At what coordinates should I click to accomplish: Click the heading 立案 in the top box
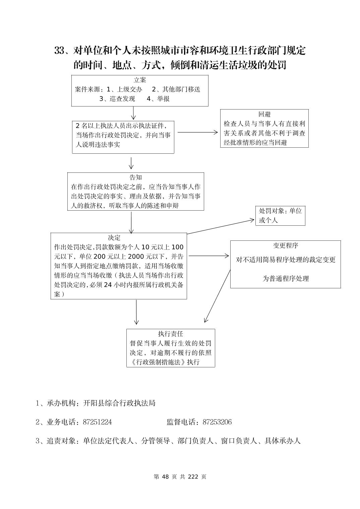(x=140, y=80)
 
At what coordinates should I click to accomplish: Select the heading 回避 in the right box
(x=264, y=114)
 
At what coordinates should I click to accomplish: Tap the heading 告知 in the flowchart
(x=135, y=177)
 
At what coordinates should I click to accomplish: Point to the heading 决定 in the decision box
(x=114, y=238)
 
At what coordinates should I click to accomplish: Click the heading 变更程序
(x=285, y=245)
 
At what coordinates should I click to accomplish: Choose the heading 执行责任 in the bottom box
(x=170, y=334)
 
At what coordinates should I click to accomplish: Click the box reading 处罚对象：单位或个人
(x=280, y=215)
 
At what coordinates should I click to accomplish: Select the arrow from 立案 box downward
(x=133, y=113)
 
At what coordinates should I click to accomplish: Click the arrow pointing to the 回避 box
(x=198, y=132)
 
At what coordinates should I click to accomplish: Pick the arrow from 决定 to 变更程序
(x=208, y=256)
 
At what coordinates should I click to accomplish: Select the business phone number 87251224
(x=97, y=422)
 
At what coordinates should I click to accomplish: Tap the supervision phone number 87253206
(x=217, y=422)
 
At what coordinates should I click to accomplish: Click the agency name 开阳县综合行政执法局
(x=119, y=403)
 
